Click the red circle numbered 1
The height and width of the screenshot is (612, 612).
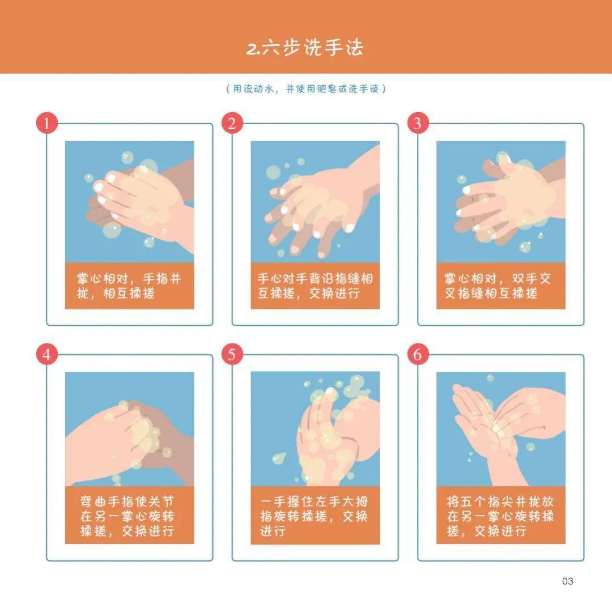point(46,124)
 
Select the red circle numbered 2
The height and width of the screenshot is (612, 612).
point(232,124)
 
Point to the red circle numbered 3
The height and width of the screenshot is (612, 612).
point(418,124)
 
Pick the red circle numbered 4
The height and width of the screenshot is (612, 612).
point(46,355)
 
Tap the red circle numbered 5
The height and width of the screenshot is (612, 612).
point(232,355)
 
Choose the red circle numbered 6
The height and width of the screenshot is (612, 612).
point(418,355)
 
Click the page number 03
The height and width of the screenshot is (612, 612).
point(567,581)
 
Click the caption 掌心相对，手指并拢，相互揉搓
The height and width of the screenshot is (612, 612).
point(129,286)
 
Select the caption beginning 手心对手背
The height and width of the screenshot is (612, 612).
point(315,286)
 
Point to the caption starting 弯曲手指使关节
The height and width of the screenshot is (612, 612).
point(129,516)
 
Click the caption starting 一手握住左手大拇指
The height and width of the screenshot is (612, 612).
point(315,516)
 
